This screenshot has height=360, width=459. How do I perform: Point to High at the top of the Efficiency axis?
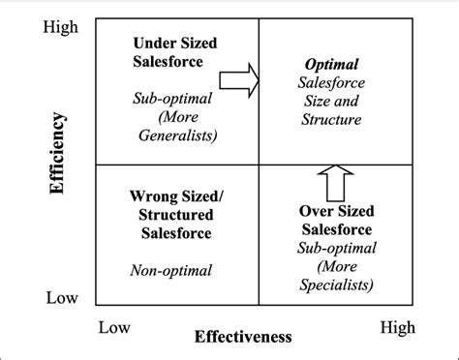pyautogui.click(x=61, y=28)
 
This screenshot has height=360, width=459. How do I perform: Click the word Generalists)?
pyautogui.click(x=175, y=134)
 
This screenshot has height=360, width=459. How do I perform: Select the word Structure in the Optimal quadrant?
pyautogui.click(x=329, y=120)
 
